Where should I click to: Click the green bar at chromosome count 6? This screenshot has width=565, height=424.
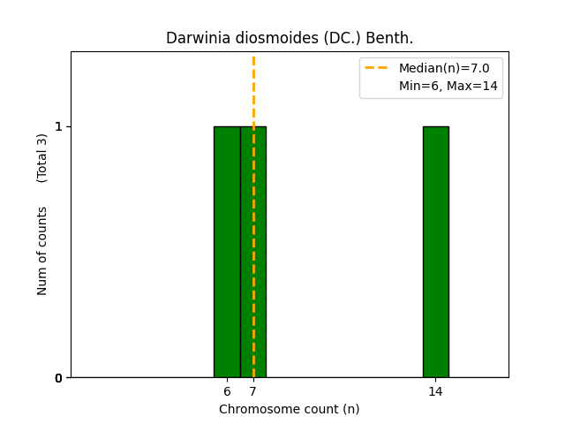tap(227, 252)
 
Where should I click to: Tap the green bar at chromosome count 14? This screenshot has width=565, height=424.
tap(435, 252)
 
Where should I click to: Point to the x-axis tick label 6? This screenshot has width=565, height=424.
tap(227, 391)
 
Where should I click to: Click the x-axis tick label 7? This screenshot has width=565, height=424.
tap(253, 391)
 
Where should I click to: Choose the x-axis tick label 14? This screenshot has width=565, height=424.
tap(435, 391)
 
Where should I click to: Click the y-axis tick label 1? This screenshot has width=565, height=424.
tap(59, 126)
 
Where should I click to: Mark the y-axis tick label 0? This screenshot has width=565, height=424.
tap(59, 378)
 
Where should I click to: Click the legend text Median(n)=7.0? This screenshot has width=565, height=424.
tap(444, 68)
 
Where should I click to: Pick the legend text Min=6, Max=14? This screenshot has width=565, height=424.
tap(448, 86)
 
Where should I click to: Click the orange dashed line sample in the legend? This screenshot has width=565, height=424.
tap(377, 68)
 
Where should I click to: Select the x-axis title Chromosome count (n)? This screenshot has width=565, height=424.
tap(289, 409)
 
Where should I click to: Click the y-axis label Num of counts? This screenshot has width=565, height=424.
tap(42, 251)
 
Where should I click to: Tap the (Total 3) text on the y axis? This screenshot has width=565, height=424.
tap(42, 157)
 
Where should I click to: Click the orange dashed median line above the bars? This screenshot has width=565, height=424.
tap(253, 88)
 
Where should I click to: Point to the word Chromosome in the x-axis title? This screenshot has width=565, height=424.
tap(255, 409)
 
